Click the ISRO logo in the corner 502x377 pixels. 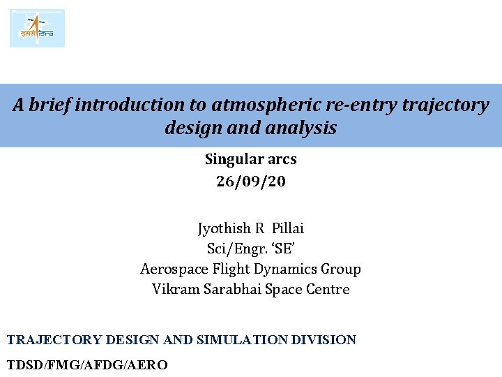(x=37, y=28)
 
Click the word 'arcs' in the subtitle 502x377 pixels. (x=281, y=160)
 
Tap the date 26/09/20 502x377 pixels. (x=251, y=182)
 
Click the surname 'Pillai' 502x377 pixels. (x=288, y=229)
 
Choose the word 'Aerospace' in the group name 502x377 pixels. (x=171, y=269)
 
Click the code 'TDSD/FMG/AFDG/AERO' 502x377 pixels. (x=87, y=364)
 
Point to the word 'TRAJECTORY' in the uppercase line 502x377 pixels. (x=54, y=340)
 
